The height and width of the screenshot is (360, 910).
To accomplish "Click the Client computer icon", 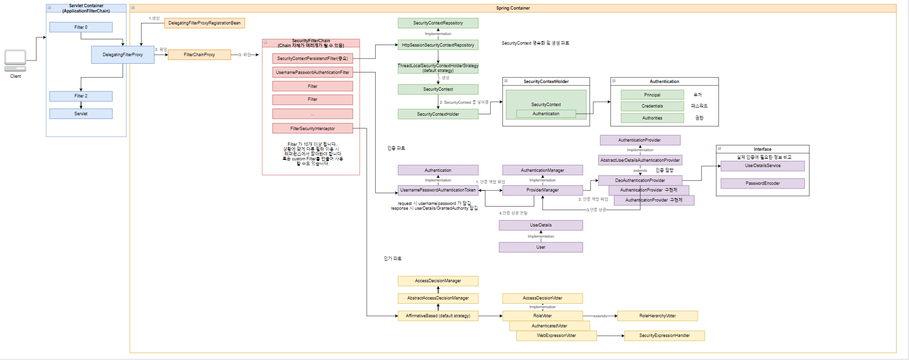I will point(15,60).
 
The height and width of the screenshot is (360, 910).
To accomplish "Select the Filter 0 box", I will point(81,27).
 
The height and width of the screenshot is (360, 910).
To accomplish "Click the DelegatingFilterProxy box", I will point(122,55).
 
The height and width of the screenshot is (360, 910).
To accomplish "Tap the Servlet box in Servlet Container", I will point(81,114).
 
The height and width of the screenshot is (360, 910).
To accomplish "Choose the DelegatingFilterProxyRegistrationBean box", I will point(204,23).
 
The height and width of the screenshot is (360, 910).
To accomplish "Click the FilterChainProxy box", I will point(199,55).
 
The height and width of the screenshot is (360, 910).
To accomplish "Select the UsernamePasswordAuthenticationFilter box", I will point(312,72).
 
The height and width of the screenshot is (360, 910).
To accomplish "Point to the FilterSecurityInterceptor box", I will point(312,129).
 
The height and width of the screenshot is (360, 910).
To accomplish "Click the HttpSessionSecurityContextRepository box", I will point(438,45).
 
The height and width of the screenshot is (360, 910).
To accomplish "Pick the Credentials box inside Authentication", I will point(652,106).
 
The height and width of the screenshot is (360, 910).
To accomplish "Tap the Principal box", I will point(652,95).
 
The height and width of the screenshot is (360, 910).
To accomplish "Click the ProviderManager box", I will point(542,190).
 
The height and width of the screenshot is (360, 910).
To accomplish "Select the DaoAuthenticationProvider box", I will point(640,180).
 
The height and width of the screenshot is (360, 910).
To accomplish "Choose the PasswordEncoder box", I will point(762,183).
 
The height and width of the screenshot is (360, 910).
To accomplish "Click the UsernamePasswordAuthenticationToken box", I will point(438,190).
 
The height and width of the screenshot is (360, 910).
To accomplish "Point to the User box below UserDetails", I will point(540,247).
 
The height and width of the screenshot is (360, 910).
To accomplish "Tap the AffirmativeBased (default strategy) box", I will point(438,316).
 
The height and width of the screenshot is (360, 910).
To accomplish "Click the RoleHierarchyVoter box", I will point(657,316).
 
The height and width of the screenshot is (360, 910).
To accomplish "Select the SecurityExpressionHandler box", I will point(664,336).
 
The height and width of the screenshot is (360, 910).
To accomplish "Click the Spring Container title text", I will point(513,8).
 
